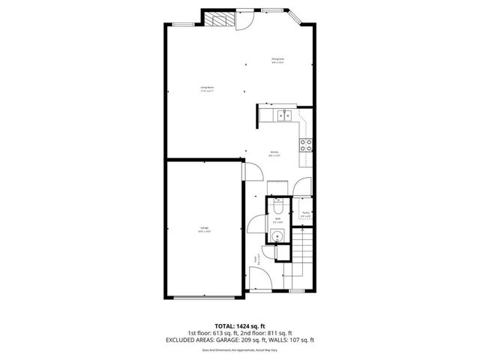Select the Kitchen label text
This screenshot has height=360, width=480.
pyautogui.click(x=275, y=155)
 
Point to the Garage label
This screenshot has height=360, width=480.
pyautogui.click(x=204, y=229)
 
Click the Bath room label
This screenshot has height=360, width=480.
pyautogui.click(x=277, y=221)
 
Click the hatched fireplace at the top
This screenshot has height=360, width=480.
pyautogui.click(x=219, y=20)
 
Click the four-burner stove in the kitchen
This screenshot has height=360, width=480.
pyautogui.click(x=306, y=144)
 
